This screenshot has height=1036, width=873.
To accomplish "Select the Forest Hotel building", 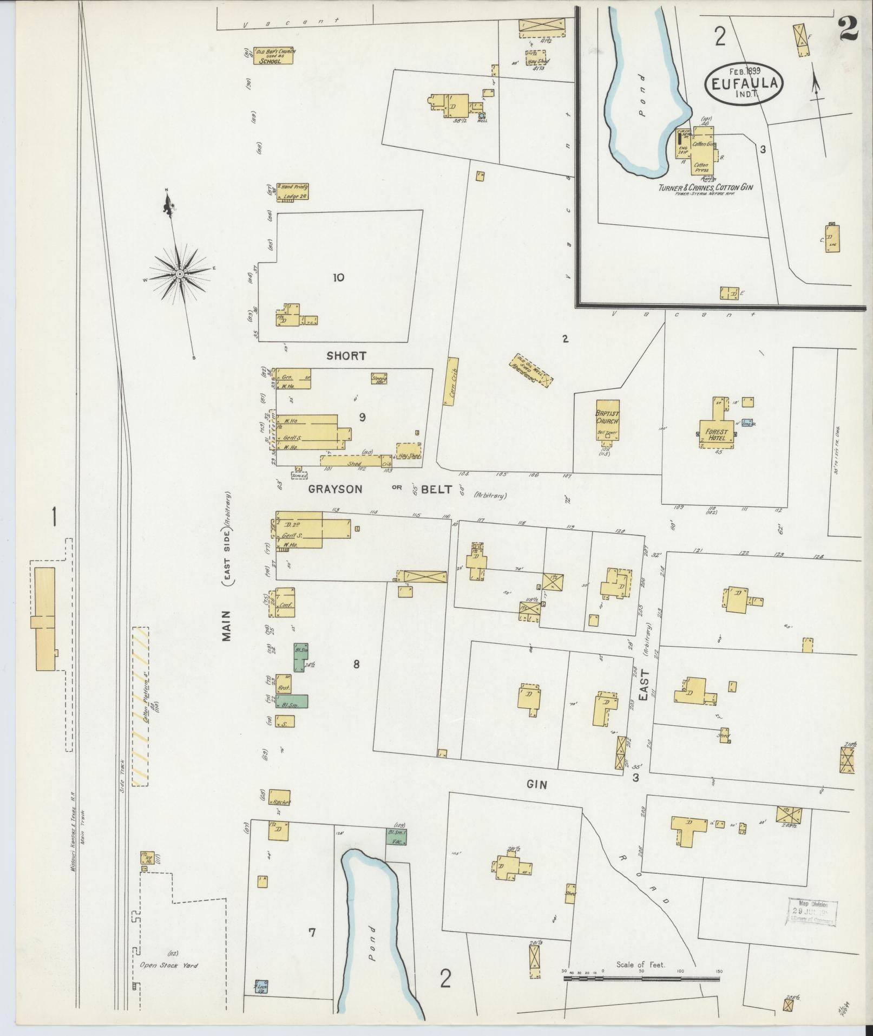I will pos(716,433).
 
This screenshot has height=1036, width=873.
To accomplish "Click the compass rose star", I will pos(179,275).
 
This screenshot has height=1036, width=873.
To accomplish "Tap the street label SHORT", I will pos(346,356).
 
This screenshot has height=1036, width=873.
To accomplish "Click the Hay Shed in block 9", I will pos(409,451).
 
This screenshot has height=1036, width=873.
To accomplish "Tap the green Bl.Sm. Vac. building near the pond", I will pos(397,852).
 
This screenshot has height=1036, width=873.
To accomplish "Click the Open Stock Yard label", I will pos(169,965).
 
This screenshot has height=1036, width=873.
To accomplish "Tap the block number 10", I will pos(339,278).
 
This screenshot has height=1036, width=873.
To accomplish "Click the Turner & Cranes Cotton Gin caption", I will pos(706,187).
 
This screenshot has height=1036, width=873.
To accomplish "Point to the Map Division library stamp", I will pos(811,913).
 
